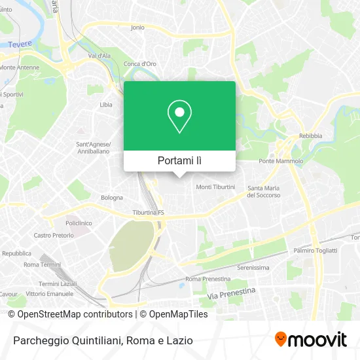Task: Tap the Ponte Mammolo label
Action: point(281,161)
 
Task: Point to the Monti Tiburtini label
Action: point(215,187)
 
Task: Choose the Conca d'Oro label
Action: point(140,63)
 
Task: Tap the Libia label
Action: point(105,104)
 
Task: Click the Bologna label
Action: point(112,197)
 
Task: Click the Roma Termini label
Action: point(41,264)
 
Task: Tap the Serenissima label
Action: point(253,267)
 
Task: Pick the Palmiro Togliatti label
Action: point(315,250)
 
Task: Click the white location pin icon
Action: point(179,117)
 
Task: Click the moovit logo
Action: point(310,339)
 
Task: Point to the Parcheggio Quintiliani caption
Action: point(101,340)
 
